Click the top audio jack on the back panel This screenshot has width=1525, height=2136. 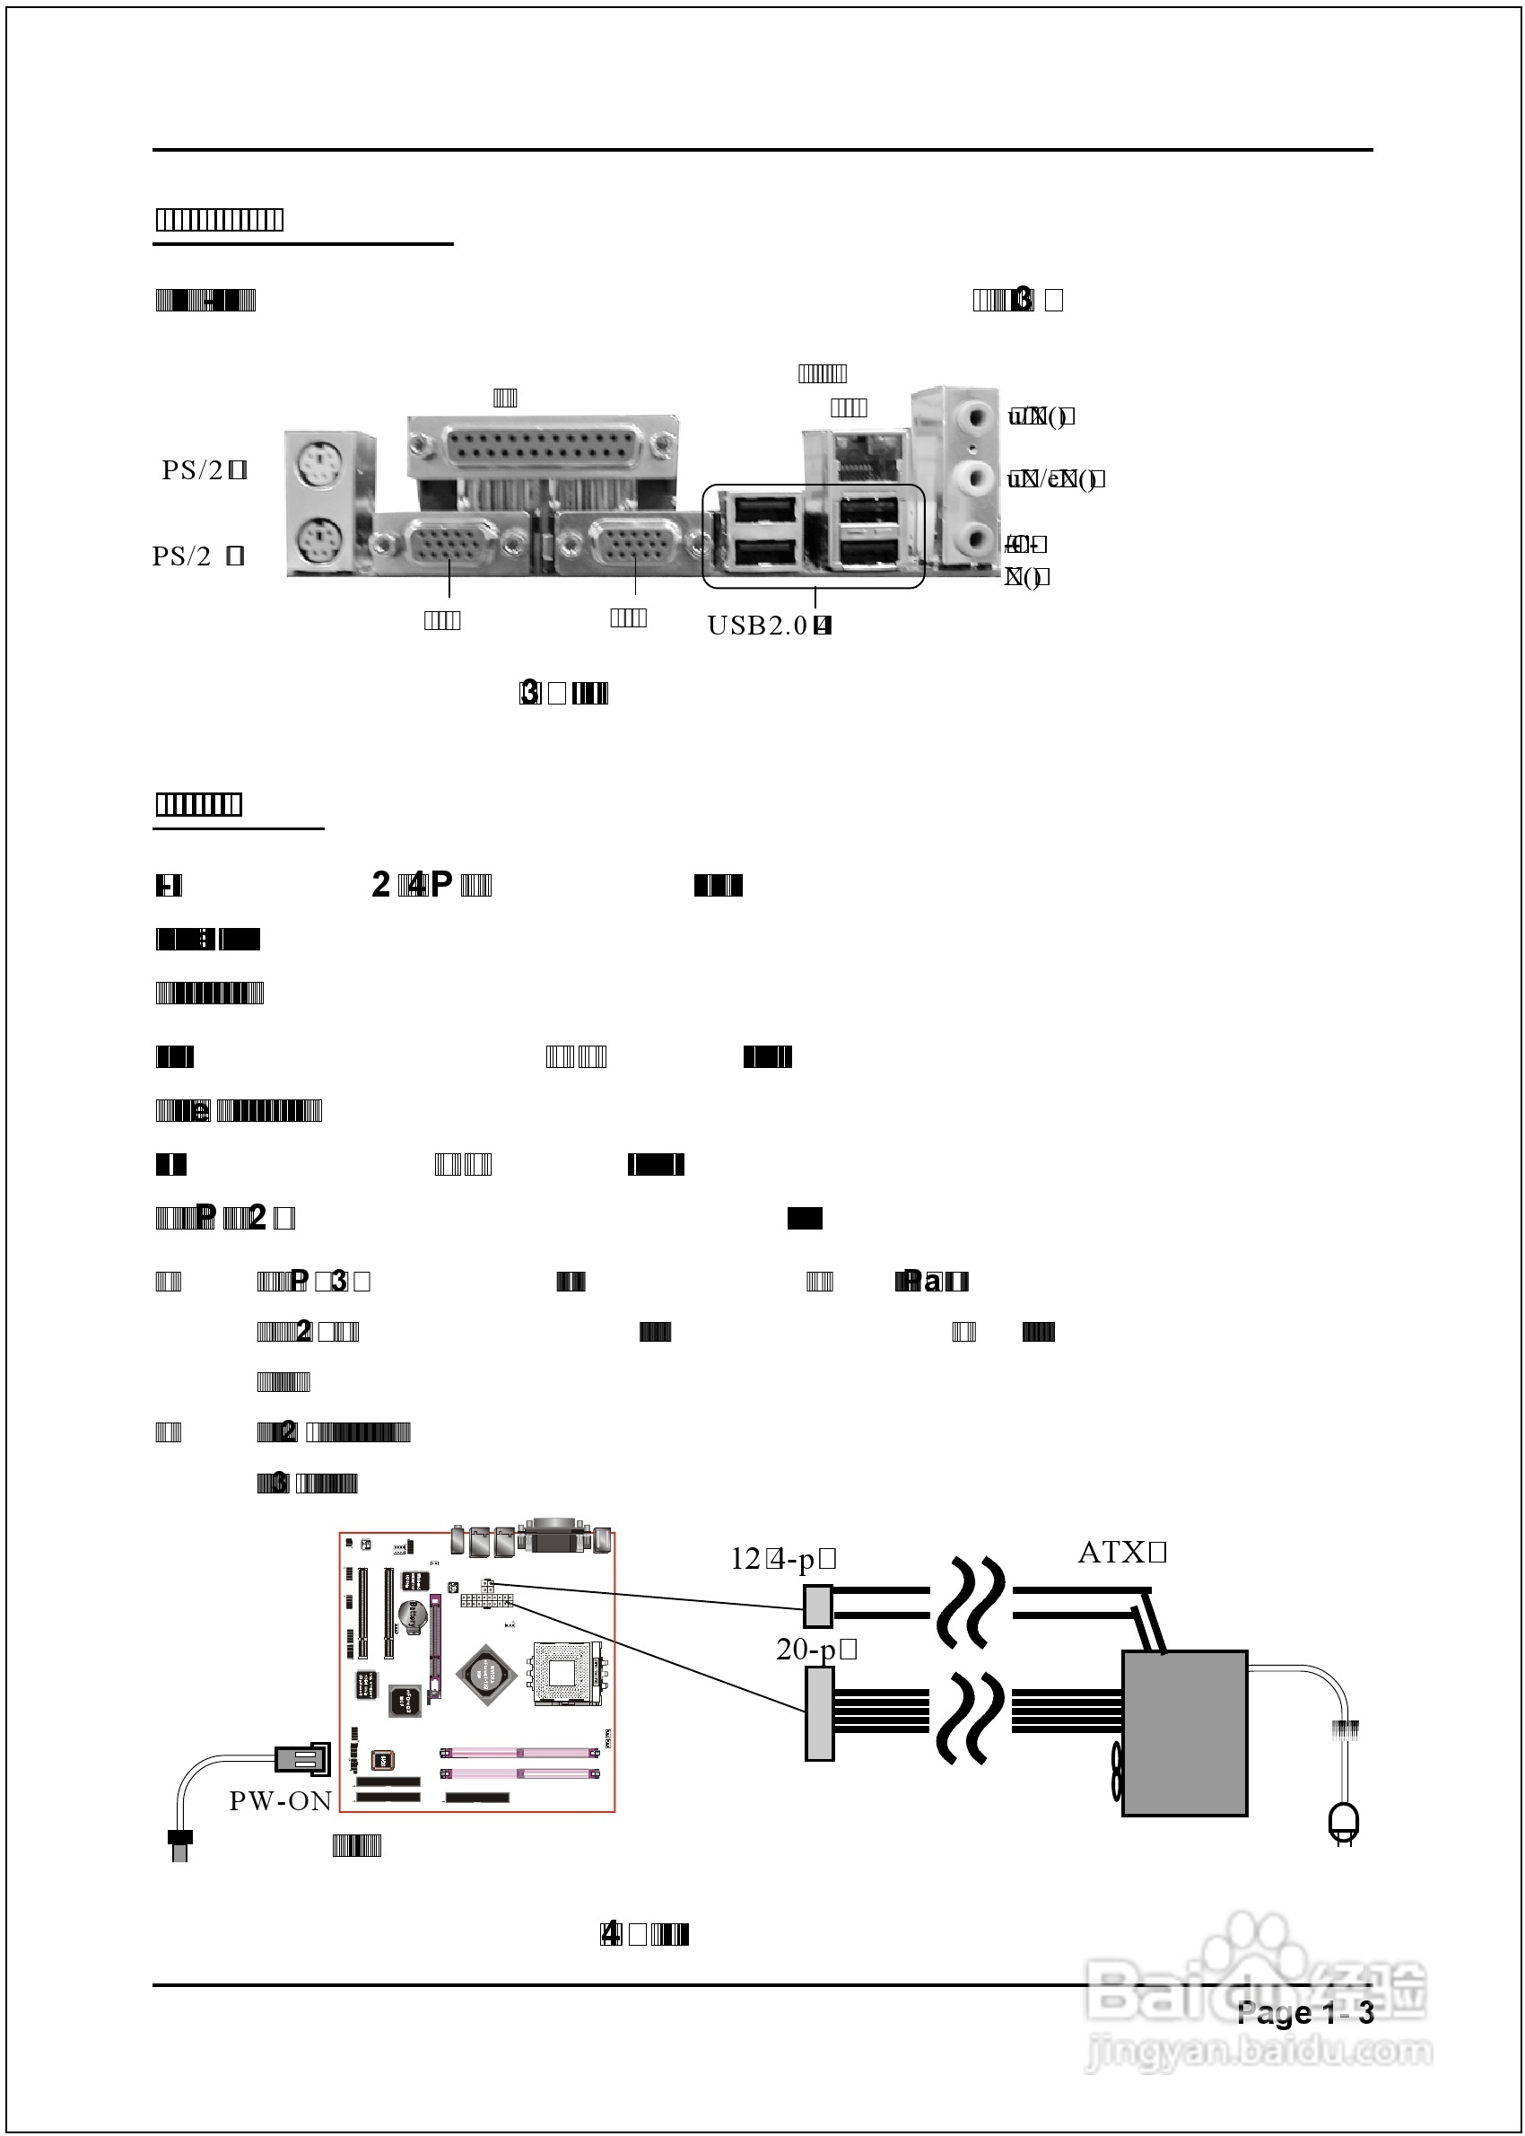point(977,415)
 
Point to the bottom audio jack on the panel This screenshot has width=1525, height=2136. point(977,540)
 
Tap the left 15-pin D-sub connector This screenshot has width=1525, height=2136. point(449,543)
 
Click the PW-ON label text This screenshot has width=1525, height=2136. point(281,1800)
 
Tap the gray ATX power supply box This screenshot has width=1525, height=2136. point(1185,1733)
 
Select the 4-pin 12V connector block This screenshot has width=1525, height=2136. point(818,1606)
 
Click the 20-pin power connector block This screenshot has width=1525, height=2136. point(819,1714)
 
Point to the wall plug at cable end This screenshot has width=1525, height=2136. point(1343,1822)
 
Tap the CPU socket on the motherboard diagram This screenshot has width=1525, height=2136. point(562,1672)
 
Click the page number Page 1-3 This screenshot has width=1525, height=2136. point(1304,2013)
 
